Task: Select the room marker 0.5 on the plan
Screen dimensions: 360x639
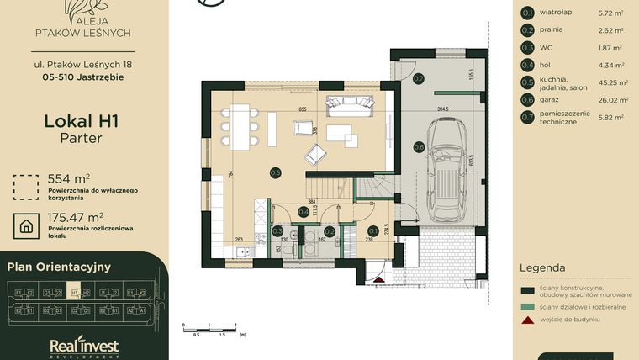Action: (x=275, y=172)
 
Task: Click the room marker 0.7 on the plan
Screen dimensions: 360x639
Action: (x=418, y=79)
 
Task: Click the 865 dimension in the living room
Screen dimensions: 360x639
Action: (x=302, y=110)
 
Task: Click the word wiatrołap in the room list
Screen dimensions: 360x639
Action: (x=557, y=13)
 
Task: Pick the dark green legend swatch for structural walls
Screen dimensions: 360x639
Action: (x=527, y=290)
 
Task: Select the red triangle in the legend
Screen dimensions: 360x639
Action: (x=527, y=320)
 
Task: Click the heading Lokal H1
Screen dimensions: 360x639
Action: (x=81, y=121)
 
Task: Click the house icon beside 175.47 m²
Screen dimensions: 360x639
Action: (x=27, y=225)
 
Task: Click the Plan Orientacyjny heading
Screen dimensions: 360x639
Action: (x=59, y=267)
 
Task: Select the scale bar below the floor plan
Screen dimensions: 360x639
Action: (x=210, y=327)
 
